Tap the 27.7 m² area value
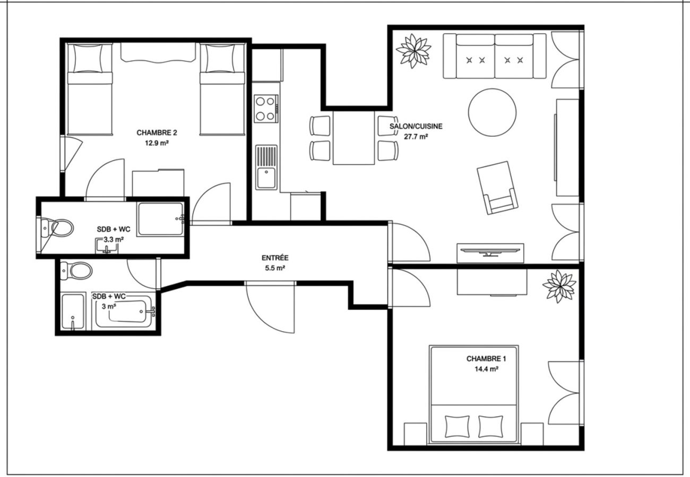tap(416, 137)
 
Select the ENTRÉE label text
tap(274, 258)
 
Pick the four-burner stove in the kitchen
tap(265, 108)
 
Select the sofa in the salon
tap(494, 56)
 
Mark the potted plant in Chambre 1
tap(559, 286)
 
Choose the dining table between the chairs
tap(354, 138)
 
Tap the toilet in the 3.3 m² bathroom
tap(59, 228)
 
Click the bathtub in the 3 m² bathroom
tap(126, 313)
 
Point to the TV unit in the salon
tap(491, 253)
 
